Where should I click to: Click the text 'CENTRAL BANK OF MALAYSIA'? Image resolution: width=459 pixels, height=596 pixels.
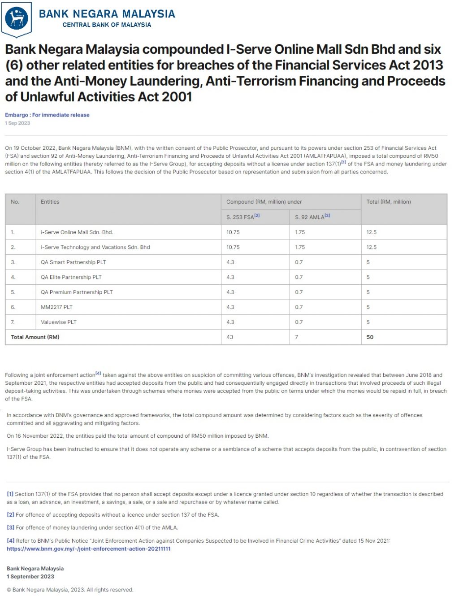pyautogui.click(x=107, y=25)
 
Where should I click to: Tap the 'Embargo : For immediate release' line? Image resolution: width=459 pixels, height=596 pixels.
pyautogui.click(x=47, y=115)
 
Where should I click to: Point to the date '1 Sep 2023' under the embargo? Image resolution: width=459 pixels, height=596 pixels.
pyautogui.click(x=17, y=123)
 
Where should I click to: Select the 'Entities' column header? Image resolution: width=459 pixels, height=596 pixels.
pyautogui.click(x=50, y=202)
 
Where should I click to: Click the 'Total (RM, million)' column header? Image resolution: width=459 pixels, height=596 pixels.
pyautogui.click(x=388, y=202)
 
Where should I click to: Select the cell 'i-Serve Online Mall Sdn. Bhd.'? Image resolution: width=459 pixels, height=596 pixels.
pyautogui.click(x=77, y=232)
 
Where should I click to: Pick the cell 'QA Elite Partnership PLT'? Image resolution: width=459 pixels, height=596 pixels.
pyautogui.click(x=71, y=277)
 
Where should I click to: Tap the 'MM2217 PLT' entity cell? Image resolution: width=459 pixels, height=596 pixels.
pyautogui.click(x=56, y=307)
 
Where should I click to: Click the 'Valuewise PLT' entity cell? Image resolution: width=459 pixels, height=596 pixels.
pyautogui.click(x=58, y=322)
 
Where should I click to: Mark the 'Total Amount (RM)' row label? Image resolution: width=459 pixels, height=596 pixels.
pyautogui.click(x=35, y=337)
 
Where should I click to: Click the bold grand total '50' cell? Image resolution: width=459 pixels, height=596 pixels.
pyautogui.click(x=370, y=337)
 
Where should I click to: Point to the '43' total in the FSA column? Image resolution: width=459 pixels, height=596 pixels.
pyautogui.click(x=229, y=337)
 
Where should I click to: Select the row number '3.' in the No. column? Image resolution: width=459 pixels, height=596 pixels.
pyautogui.click(x=13, y=262)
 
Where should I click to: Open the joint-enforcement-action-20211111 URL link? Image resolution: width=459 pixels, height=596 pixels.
pyautogui.click(x=88, y=548)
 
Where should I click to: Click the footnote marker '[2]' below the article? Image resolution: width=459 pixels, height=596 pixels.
pyautogui.click(x=10, y=515)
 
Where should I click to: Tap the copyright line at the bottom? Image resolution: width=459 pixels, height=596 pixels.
pyautogui.click(x=70, y=590)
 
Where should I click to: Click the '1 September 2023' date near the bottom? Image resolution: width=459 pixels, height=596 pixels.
pyautogui.click(x=30, y=577)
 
